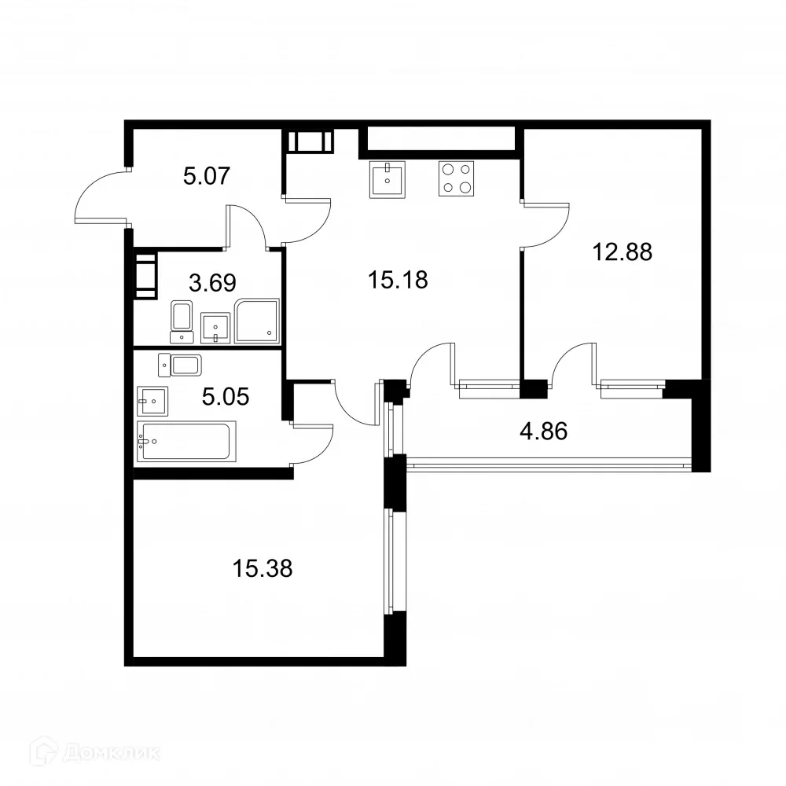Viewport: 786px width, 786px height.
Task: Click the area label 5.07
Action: pyautogui.click(x=206, y=175)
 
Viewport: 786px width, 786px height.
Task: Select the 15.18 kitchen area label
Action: pyautogui.click(x=398, y=279)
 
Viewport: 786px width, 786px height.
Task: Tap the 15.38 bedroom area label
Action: pyautogui.click(x=263, y=567)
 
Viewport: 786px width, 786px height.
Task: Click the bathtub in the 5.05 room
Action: pyautogui.click(x=186, y=442)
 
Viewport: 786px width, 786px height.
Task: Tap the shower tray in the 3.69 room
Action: pyautogui.click(x=257, y=321)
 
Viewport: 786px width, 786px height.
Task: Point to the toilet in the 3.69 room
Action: pyautogui.click(x=182, y=321)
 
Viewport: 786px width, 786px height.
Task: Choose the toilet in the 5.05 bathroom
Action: pyautogui.click(x=182, y=365)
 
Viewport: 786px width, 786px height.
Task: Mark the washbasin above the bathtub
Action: pyautogui.click(x=152, y=401)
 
